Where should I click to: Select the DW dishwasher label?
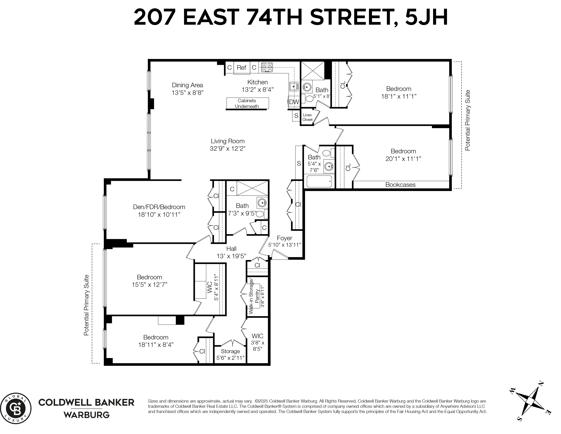click(x=294, y=102)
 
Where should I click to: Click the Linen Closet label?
click(x=307, y=117)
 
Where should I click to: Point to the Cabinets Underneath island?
click(x=247, y=103)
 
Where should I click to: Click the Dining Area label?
click(x=187, y=85)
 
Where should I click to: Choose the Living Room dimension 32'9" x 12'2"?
click(x=228, y=149)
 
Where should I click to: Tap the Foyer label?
click(x=284, y=238)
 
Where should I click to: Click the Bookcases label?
click(x=400, y=185)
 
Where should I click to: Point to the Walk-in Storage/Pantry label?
click(x=254, y=295)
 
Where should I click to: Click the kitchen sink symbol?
click(x=294, y=87)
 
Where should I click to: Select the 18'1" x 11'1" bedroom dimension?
click(x=399, y=96)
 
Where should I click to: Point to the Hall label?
click(x=231, y=249)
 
